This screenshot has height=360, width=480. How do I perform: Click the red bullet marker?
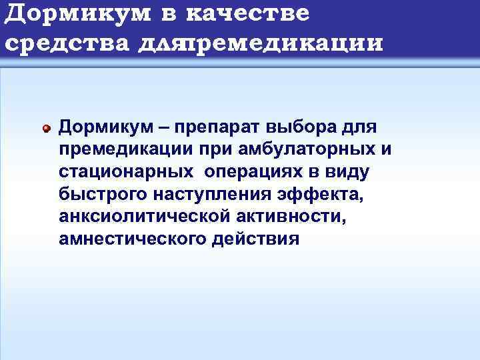tap(46, 127)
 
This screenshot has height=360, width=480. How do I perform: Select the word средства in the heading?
tap(68, 43)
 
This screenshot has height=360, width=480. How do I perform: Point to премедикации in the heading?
tap(287, 43)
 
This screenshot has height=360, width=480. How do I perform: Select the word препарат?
tap(219, 127)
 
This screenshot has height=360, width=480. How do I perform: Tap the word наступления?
tap(199, 195)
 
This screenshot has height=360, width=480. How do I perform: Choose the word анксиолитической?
tap(131, 217)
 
